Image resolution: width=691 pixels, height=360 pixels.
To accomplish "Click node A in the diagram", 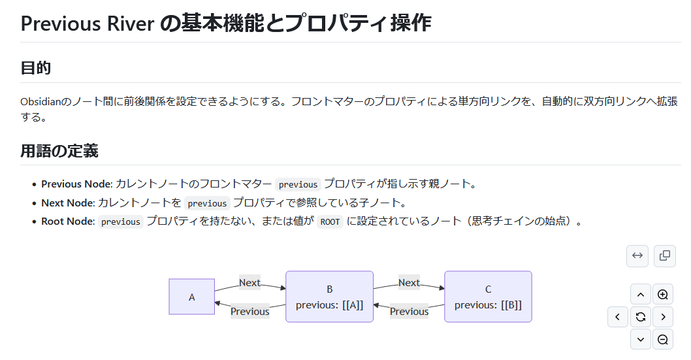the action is [192, 297].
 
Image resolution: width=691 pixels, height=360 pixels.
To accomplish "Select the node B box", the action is [329, 297].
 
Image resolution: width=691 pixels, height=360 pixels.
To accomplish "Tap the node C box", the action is [488, 297].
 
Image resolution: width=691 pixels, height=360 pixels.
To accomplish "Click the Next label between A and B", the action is [249, 283].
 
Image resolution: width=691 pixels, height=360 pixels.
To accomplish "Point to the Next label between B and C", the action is [409, 283].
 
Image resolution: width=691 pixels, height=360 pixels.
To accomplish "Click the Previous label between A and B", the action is [250, 311].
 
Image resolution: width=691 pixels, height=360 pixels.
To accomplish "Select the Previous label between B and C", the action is [409, 311].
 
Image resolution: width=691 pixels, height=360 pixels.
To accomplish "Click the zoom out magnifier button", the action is [663, 339].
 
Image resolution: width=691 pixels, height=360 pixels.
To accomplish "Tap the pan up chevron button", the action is [641, 295].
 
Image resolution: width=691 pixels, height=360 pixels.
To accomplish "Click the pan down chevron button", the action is [641, 339].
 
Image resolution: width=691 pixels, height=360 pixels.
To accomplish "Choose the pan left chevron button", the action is [618, 317].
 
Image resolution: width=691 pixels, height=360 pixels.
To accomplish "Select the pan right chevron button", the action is [663, 317].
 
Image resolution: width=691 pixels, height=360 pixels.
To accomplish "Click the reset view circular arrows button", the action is [641, 317].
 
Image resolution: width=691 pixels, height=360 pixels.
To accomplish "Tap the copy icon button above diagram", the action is [665, 255].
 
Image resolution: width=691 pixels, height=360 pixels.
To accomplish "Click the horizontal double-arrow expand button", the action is [637, 255].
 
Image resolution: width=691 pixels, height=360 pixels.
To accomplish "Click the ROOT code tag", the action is [330, 221].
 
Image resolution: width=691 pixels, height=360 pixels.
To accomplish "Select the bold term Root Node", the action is [68, 221].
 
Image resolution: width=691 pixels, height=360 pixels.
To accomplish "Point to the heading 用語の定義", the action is [59, 151].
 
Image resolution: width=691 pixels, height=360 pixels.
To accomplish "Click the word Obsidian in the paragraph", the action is [40, 102].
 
